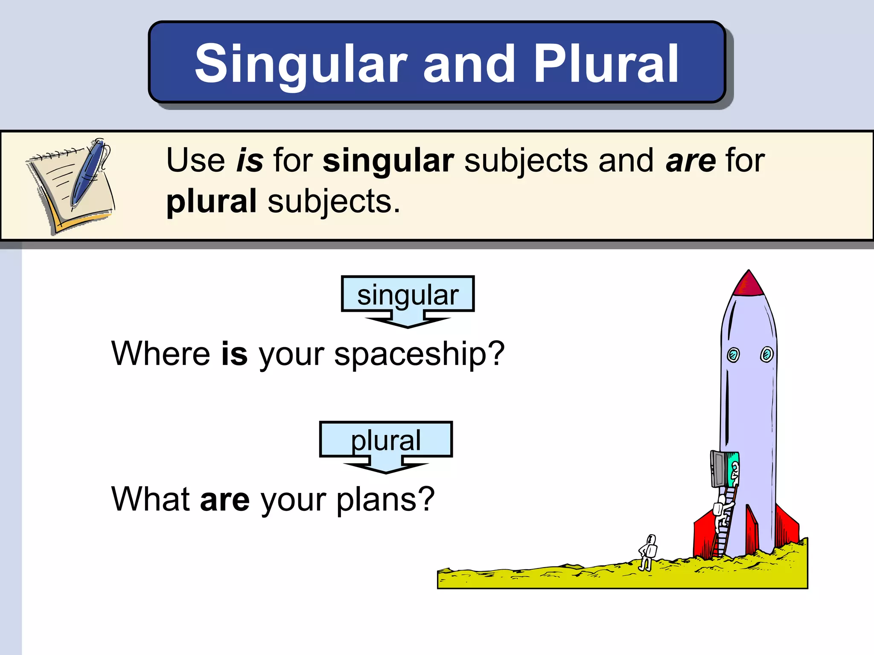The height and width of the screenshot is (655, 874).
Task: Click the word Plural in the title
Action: point(606,64)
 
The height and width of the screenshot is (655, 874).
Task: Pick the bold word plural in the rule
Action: point(212,201)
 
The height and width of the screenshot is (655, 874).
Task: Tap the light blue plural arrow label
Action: point(386,440)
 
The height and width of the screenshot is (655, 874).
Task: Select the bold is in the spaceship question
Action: point(234,354)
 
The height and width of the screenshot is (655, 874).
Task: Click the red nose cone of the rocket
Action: point(749,285)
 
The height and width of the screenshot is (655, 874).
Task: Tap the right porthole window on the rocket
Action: point(766,354)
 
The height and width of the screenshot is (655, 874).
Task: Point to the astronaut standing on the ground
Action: point(647,552)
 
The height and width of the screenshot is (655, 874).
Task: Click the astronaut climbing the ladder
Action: point(722,512)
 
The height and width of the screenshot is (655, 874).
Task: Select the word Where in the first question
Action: point(160,354)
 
